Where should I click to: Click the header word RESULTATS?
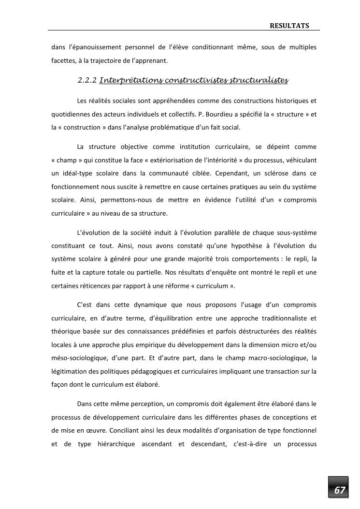pyautogui.click(x=289, y=26)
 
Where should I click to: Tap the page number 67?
pyautogui.click(x=340, y=490)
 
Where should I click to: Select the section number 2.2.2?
pyautogui.click(x=87, y=80)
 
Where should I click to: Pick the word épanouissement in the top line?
pyautogui.click(x=95, y=47)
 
